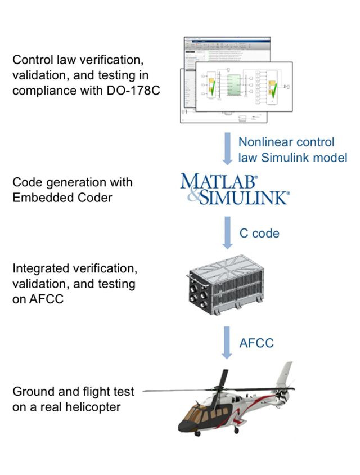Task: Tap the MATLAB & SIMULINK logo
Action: (235, 189)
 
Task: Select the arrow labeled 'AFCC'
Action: (227, 343)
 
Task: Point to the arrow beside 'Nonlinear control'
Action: (227, 149)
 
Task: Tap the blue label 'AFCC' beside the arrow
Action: (256, 342)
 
